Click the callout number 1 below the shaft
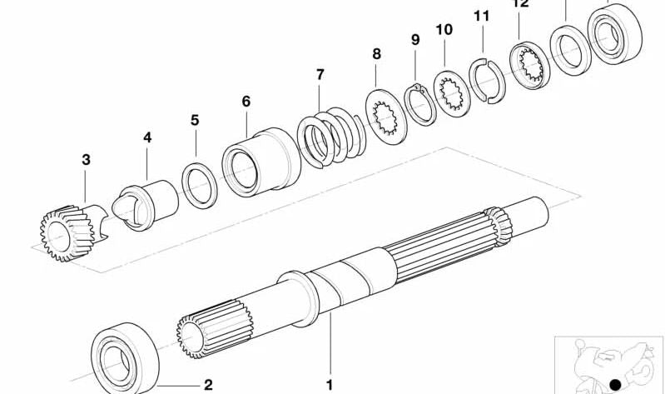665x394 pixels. [x=329, y=385]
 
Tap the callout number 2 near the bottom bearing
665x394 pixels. [x=208, y=384]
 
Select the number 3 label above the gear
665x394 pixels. [x=86, y=159]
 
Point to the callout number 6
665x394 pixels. [x=246, y=102]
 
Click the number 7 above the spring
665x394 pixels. [x=320, y=75]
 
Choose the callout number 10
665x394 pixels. [x=444, y=30]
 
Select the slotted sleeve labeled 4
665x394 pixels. [x=151, y=202]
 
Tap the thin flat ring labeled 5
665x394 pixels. [x=200, y=185]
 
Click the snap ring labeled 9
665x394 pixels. [x=420, y=104]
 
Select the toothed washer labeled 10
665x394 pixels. [x=449, y=94]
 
